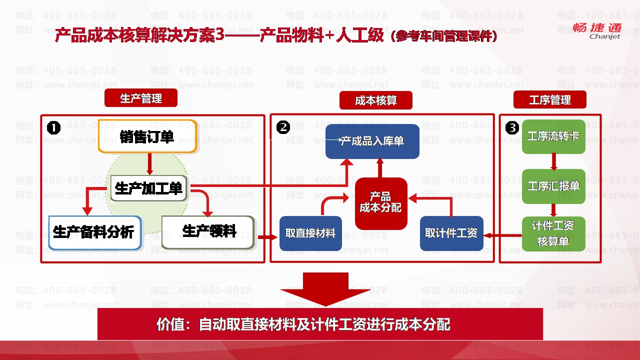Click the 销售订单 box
tap(147, 136)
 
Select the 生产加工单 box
tap(149, 188)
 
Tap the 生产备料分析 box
tap(95, 232)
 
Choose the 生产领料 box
tap(207, 231)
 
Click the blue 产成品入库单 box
tap(372, 141)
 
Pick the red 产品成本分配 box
tap(381, 203)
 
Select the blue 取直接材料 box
tap(310, 233)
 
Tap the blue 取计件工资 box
tap(451, 233)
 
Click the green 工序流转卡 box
tap(553, 136)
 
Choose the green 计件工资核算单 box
tap(553, 233)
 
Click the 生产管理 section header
tap(141, 98)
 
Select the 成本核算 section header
tap(376, 100)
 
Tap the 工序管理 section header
tap(550, 100)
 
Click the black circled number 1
tap(53, 128)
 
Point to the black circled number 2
tap(283, 128)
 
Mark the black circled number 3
tap(512, 128)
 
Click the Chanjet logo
tap(605, 30)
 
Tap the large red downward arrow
tap(325, 289)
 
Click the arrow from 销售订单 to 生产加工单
tap(149, 163)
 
